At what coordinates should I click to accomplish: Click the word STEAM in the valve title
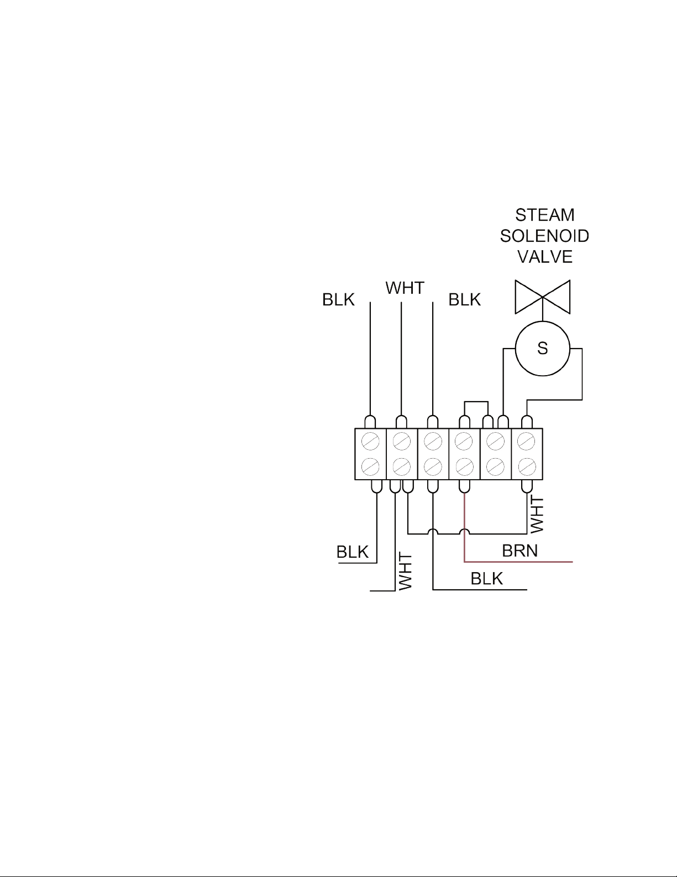click(x=545, y=215)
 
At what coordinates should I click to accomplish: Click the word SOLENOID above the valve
click(x=544, y=236)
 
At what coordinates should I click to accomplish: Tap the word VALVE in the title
click(x=545, y=257)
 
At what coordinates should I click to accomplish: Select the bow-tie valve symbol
click(x=542, y=297)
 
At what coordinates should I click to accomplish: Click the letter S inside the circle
click(x=542, y=348)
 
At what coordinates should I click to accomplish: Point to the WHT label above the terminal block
click(x=405, y=288)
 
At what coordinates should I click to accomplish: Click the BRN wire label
click(x=520, y=551)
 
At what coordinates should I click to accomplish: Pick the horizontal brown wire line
click(x=518, y=562)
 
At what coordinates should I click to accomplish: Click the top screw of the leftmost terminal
click(x=370, y=442)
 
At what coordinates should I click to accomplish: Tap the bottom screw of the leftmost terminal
click(x=370, y=467)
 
